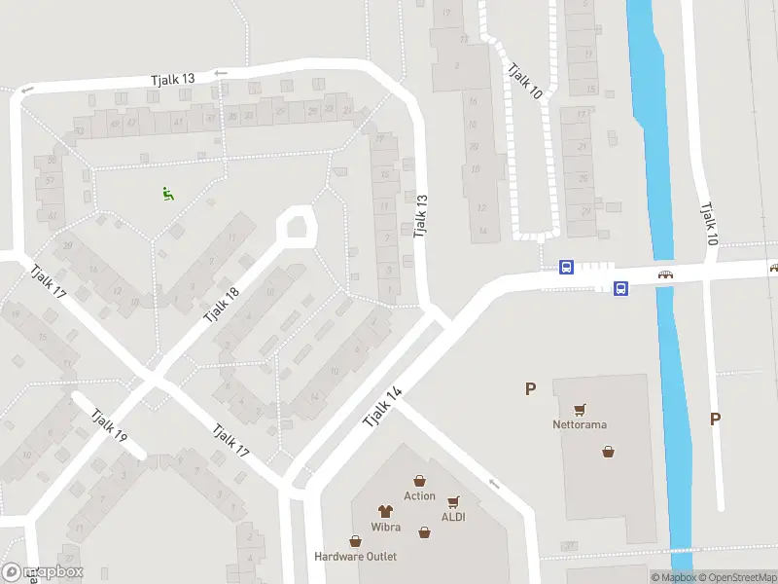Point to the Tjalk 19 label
pos(109,425)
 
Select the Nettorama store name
pos(580,424)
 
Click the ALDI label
pos(453,517)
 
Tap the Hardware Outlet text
pos(355,557)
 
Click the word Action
pos(419,496)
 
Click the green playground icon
pos(168,194)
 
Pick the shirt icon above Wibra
pos(385,509)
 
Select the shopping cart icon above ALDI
pos(453,502)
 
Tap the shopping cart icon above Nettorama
pos(581,410)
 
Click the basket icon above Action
pos(419,481)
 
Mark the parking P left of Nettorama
pos(530,389)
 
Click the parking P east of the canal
pos(715,420)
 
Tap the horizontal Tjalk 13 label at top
pos(172,79)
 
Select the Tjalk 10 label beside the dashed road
pos(523,81)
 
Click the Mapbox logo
pos(43,572)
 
